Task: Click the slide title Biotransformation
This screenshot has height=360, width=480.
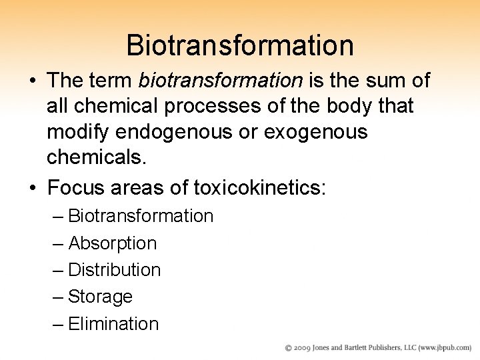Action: [240, 45]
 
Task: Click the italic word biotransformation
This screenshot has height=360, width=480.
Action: [220, 81]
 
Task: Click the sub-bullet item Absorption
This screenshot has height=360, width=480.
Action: [113, 243]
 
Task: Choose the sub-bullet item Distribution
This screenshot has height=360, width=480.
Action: [115, 270]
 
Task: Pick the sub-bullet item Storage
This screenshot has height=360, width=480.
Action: [101, 297]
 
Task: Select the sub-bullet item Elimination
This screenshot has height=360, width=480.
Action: [113, 324]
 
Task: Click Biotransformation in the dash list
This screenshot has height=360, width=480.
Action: [141, 216]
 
